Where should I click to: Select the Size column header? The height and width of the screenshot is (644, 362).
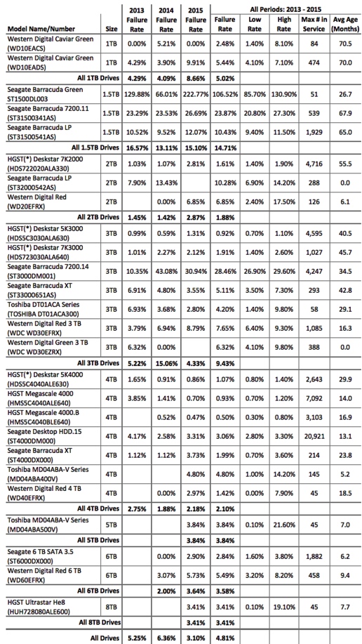tap(111, 29)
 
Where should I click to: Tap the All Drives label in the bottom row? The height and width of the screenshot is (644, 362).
tap(105, 637)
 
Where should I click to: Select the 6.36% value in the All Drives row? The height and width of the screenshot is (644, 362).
tap(166, 637)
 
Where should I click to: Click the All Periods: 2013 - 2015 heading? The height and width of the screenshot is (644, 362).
tap(286, 8)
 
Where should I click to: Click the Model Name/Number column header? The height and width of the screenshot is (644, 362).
tap(41, 29)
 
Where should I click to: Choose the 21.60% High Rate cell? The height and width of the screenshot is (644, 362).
tap(284, 524)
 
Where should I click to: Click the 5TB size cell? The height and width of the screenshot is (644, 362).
tap(112, 524)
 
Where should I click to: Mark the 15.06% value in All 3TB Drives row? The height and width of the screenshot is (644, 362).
tap(166, 363)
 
